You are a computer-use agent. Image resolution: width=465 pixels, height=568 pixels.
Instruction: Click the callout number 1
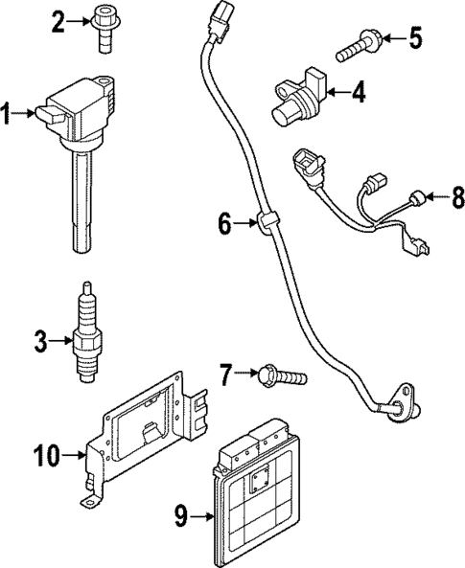(x=8, y=116)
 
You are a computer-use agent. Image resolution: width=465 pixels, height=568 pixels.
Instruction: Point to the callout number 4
(x=359, y=93)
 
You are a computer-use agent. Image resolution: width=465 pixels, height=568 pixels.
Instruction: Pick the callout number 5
(x=414, y=39)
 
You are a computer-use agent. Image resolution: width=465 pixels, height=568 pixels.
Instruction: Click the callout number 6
(x=224, y=225)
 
